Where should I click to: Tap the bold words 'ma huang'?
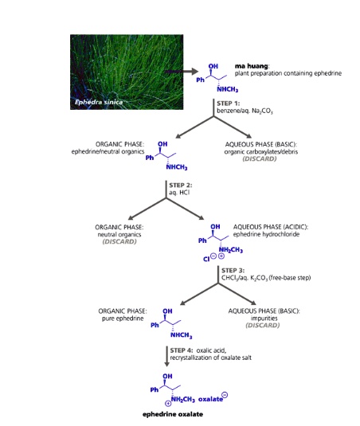pyautogui.click(x=252, y=66)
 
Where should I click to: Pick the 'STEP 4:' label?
pyautogui.click(x=182, y=350)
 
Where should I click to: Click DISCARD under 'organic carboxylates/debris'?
pyautogui.click(x=260, y=159)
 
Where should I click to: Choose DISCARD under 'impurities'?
pyautogui.click(x=262, y=325)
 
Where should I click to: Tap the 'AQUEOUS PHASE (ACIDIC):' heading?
pyautogui.click(x=270, y=226)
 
